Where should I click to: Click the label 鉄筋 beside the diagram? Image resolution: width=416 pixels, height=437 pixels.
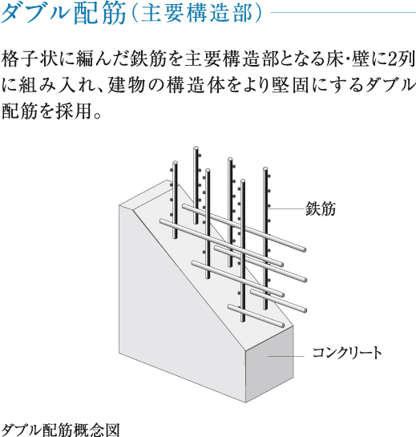pyautogui.click(x=321, y=208)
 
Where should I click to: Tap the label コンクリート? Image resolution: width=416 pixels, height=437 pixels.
pyautogui.click(x=347, y=353)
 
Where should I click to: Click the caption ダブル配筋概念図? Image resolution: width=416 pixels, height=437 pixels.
pyautogui.click(x=61, y=430)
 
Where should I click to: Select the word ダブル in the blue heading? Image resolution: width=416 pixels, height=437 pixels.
pyautogui.click(x=35, y=14)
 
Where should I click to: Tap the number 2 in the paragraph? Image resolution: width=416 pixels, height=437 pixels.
pyautogui.click(x=393, y=59)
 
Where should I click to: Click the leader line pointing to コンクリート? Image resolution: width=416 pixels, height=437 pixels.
pyautogui.click(x=285, y=356)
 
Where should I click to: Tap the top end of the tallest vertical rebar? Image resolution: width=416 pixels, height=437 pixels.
pyautogui.click(x=196, y=148)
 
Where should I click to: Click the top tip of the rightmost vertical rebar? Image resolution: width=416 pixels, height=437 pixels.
pyautogui.click(x=265, y=169)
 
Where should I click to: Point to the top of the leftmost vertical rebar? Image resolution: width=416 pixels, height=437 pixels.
pyautogui.click(x=175, y=163)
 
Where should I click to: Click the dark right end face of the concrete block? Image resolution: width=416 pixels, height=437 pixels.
pyautogui.click(x=269, y=364)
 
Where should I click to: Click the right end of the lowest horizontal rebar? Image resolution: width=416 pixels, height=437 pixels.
pyautogui.click(x=282, y=326)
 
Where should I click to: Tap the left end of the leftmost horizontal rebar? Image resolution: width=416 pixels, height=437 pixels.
pyautogui.click(x=162, y=221)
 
